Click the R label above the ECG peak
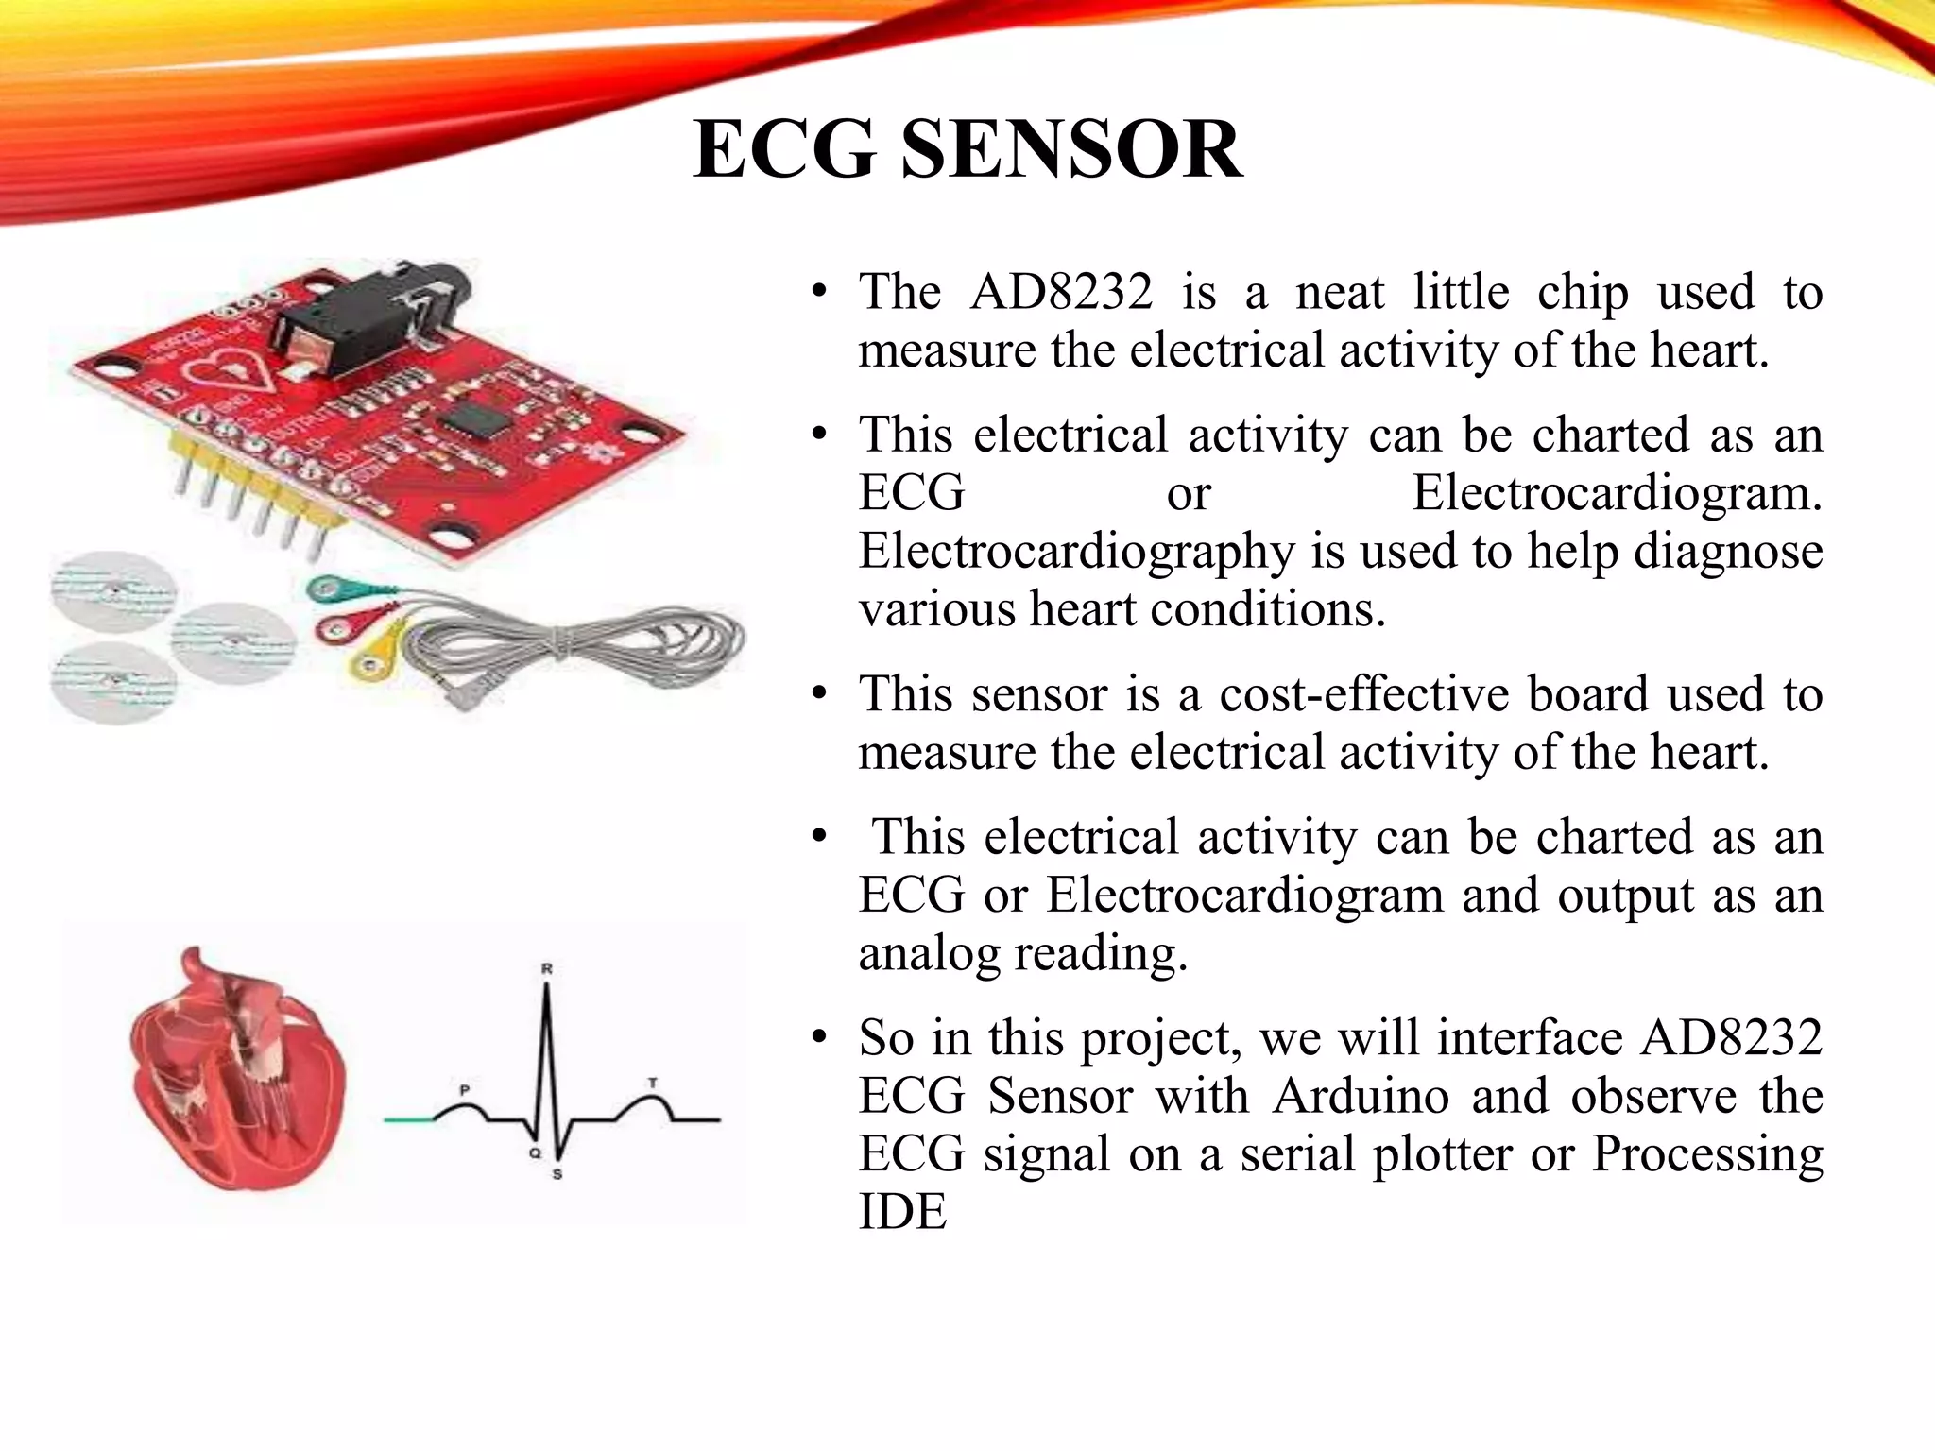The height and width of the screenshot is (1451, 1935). (546, 968)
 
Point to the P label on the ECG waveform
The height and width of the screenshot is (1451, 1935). (464, 1090)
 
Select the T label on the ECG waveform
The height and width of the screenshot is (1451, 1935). (652, 1083)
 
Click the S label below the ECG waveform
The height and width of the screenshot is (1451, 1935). (557, 1174)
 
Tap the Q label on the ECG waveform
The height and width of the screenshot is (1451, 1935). (534, 1153)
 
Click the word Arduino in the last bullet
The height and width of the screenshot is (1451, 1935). (1361, 1096)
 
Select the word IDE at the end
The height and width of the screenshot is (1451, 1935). (901, 1212)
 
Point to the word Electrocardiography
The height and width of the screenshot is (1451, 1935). (1077, 551)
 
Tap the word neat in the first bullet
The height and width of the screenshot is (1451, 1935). (1339, 292)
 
